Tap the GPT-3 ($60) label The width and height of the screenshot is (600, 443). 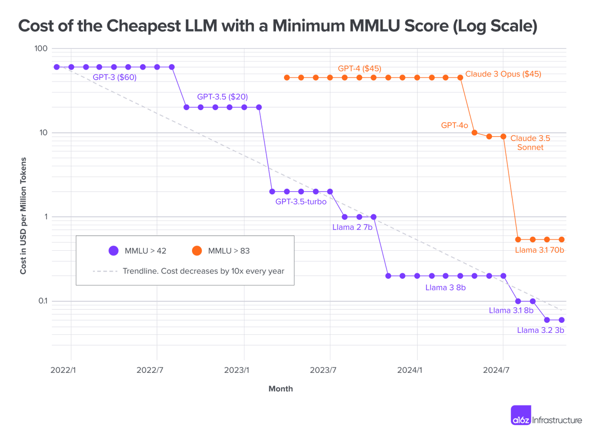pyautogui.click(x=114, y=78)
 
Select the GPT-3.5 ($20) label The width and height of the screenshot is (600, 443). pyautogui.click(x=222, y=97)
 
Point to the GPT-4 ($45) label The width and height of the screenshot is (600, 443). pyautogui.click(x=359, y=69)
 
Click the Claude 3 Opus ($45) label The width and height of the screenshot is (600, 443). pyautogui.click(x=503, y=74)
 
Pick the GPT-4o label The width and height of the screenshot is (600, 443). pyautogui.click(x=454, y=125)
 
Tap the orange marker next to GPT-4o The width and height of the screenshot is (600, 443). pyautogui.click(x=474, y=133)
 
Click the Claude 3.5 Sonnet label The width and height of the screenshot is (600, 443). pyautogui.click(x=530, y=143)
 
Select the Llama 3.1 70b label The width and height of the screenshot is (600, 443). pyautogui.click(x=539, y=250)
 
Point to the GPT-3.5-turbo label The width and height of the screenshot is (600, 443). pyautogui.click(x=300, y=202)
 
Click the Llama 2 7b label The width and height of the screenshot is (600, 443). pyautogui.click(x=352, y=227)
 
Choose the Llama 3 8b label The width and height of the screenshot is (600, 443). pyautogui.click(x=445, y=288)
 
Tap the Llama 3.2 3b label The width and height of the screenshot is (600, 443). pyautogui.click(x=540, y=330)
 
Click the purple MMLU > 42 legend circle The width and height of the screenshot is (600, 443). pyautogui.click(x=113, y=251)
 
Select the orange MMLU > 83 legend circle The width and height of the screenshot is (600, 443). pyautogui.click(x=197, y=251)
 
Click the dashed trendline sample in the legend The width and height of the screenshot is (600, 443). pyautogui.click(x=104, y=271)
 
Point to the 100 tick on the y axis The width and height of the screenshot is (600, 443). pyautogui.click(x=41, y=49)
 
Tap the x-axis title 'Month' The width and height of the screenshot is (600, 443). pyautogui.click(x=280, y=389)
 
